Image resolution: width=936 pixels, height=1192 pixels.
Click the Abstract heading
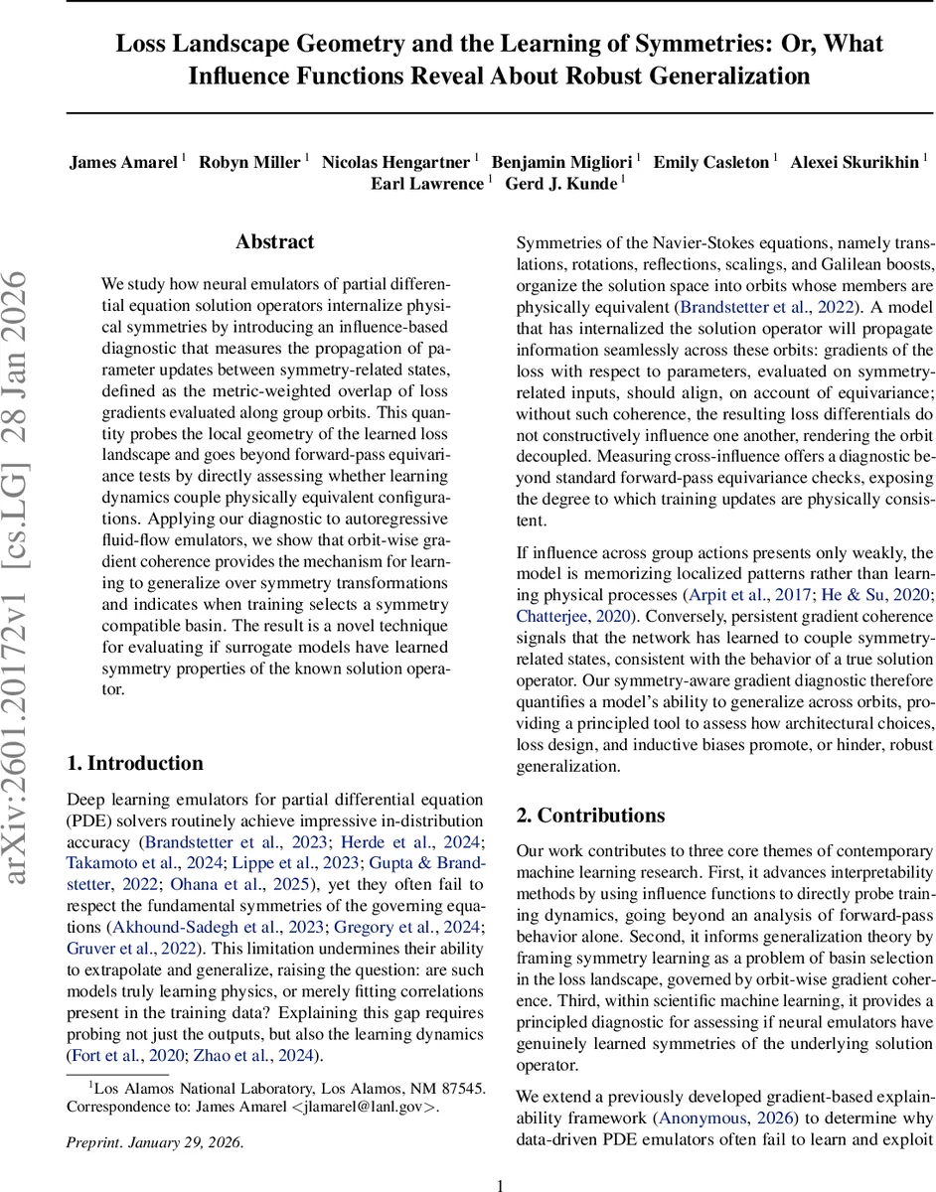pos(275,241)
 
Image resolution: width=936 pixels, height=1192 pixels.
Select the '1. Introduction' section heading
pos(135,763)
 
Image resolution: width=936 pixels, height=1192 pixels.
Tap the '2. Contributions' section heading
pos(590,815)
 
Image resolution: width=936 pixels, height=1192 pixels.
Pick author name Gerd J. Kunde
pos(562,183)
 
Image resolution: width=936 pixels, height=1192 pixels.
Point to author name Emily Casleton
pos(712,162)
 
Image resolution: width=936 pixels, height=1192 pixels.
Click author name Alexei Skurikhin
pos(854,162)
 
